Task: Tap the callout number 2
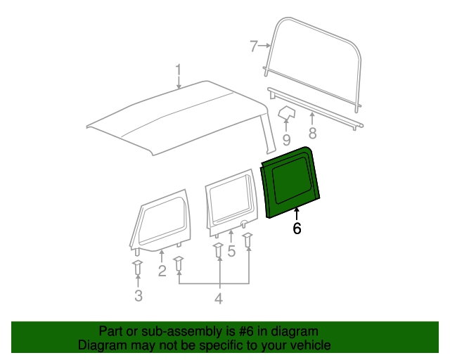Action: coord(162,271)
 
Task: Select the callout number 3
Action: coord(139,296)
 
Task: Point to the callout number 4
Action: coord(219,299)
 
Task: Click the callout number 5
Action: coord(231,251)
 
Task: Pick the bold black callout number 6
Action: coord(297,228)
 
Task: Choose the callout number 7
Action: coord(253,46)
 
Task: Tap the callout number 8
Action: coord(312,133)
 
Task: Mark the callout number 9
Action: coord(286,140)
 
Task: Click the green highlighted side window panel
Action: coord(290,181)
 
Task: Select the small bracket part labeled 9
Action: coord(286,112)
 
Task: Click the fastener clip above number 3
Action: coord(138,267)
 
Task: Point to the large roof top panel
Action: coord(179,118)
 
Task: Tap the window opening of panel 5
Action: coord(230,200)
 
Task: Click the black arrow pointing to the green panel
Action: coord(297,214)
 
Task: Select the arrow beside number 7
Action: coord(264,46)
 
